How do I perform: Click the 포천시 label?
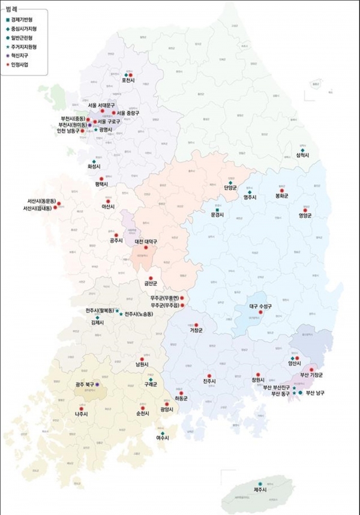[x=128, y=80]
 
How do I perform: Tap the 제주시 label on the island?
[x=260, y=490]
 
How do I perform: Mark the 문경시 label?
[x=217, y=214]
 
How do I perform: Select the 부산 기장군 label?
[x=313, y=375]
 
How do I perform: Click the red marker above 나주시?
[x=82, y=408]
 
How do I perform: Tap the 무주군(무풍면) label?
[x=166, y=298]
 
